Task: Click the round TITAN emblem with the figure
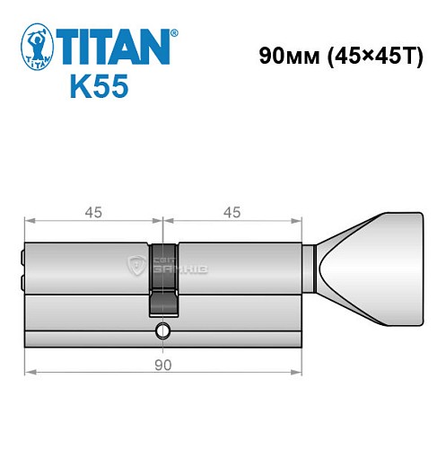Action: pyautogui.click(x=33, y=50)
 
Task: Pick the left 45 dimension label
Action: pyautogui.click(x=93, y=212)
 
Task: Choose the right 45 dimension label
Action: pyautogui.click(x=232, y=212)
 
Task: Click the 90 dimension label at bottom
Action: pyautogui.click(x=162, y=365)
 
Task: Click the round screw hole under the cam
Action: pyautogui.click(x=162, y=330)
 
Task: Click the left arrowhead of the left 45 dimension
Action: pyautogui.click(x=29, y=220)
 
